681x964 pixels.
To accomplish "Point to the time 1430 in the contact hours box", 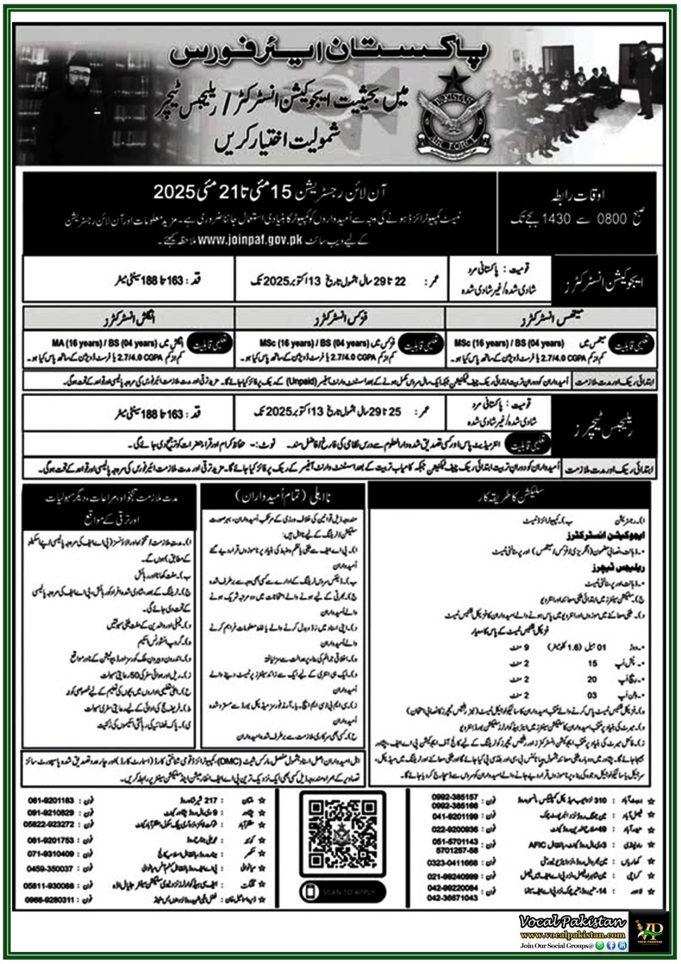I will (556, 219).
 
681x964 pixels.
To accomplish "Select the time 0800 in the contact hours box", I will (612, 219).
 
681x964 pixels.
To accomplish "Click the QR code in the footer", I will (342, 833).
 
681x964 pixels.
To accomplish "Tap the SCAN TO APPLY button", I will (343, 892).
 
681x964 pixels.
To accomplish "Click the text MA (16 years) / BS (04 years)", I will (104, 343).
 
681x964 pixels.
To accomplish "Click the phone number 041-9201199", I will (455, 816).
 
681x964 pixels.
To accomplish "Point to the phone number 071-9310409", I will (51, 854).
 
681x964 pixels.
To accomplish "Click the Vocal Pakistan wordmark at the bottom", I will (572, 922).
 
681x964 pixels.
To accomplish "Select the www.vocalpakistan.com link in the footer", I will (572, 935).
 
